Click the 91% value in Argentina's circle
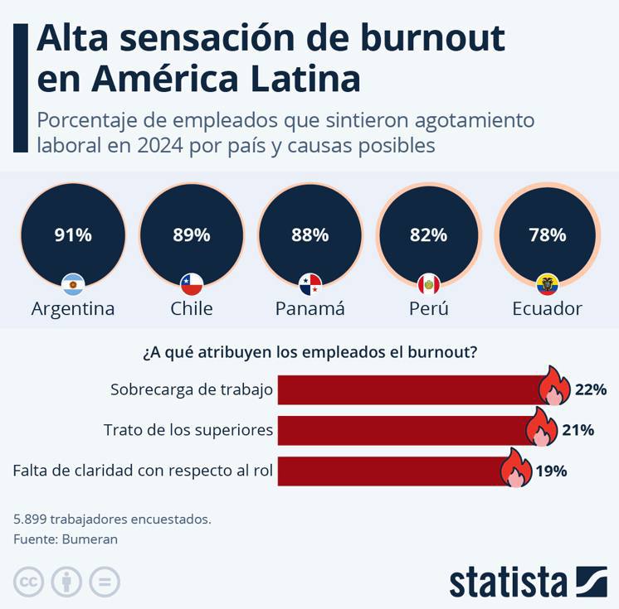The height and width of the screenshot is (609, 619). coord(73,235)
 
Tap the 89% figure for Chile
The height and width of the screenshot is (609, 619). coord(192,235)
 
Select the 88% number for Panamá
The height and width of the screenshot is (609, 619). coord(310,235)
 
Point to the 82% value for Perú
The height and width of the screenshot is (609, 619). coord(428,235)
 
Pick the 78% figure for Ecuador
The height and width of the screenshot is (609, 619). coord(548,235)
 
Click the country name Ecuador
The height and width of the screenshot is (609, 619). coord(547,309)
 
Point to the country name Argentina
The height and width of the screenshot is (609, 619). coord(73,309)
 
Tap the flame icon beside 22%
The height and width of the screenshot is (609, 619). coord(554,387)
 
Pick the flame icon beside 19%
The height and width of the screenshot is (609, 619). coord(515,469)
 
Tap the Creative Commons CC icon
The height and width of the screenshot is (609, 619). coord(28,582)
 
